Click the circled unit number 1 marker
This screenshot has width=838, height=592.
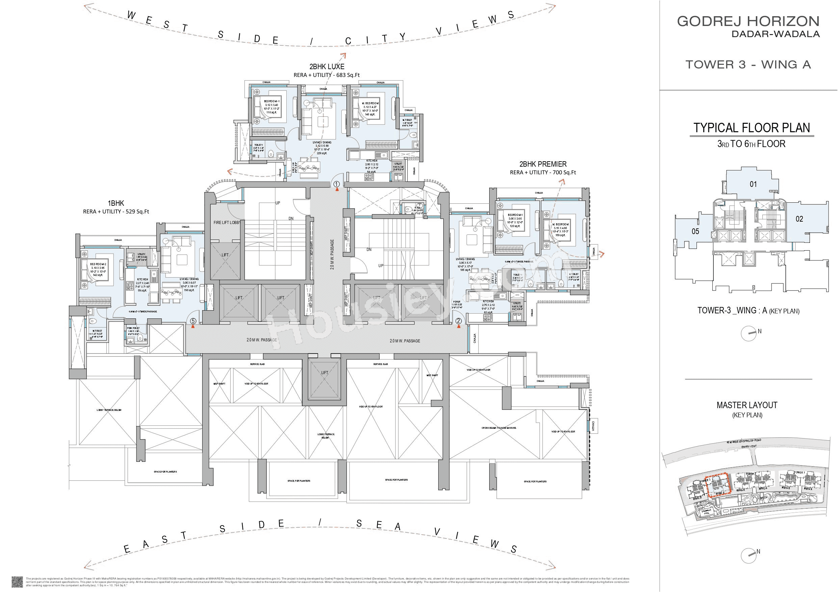(337, 184)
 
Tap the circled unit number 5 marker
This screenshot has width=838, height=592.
(193, 321)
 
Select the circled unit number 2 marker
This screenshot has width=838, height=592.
(459, 321)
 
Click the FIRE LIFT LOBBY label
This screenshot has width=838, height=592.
(226, 223)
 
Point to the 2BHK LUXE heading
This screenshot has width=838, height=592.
(327, 67)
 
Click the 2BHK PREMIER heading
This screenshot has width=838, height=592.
(543, 164)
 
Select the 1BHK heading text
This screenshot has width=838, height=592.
(116, 203)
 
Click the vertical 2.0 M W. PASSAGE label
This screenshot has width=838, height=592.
(332, 255)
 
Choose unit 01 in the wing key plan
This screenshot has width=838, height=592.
(753, 184)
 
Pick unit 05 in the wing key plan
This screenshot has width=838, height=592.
(695, 231)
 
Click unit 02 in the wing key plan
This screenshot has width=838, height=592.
(799, 219)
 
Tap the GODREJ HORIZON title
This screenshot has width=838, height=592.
(748, 21)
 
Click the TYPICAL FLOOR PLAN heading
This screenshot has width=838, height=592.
(752, 128)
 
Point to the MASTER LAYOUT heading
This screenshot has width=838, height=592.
(747, 405)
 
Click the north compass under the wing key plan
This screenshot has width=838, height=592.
(748, 334)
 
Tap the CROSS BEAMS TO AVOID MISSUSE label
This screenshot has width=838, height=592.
(499, 428)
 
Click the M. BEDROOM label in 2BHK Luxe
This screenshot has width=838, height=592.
(370, 104)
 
